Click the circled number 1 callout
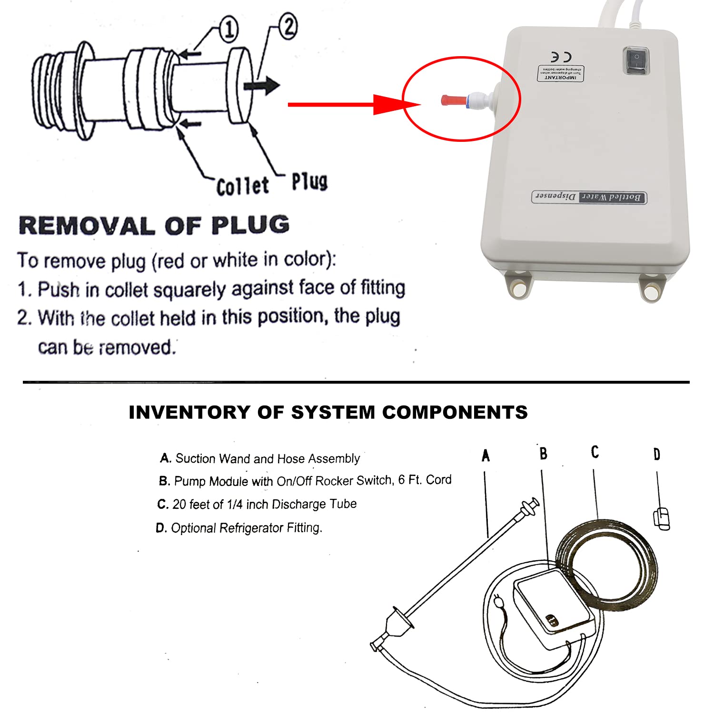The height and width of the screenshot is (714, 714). (x=228, y=30)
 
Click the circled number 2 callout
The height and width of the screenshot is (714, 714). (x=288, y=27)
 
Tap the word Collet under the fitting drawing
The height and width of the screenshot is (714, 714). (x=242, y=186)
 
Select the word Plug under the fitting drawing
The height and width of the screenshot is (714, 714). (x=309, y=181)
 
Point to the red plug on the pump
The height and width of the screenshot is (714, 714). (x=453, y=100)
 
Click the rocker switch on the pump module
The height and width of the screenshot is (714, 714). (x=636, y=60)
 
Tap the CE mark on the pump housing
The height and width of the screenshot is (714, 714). (x=561, y=57)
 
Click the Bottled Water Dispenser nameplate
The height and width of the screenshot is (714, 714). (x=588, y=197)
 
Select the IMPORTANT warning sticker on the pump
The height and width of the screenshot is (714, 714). (x=561, y=73)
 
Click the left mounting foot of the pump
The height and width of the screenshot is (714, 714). (x=518, y=285)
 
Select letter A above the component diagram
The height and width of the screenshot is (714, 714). (x=486, y=456)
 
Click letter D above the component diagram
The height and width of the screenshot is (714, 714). (x=657, y=455)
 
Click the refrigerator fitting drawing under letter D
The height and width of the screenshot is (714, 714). (x=661, y=518)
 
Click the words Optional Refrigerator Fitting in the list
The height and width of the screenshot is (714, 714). (x=246, y=528)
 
